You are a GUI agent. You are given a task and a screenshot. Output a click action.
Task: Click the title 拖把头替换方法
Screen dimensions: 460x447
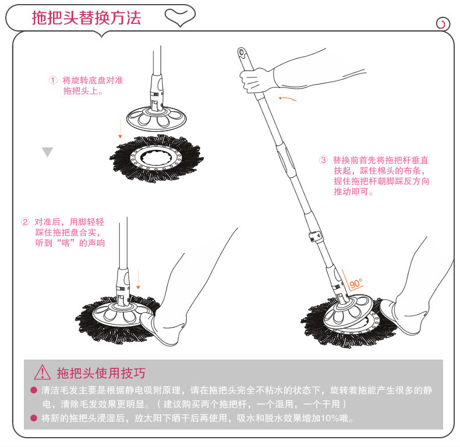(86, 17)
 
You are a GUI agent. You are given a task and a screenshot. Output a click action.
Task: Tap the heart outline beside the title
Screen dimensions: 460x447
(178, 17)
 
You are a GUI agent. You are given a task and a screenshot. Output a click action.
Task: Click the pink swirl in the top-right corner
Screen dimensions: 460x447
(443, 24)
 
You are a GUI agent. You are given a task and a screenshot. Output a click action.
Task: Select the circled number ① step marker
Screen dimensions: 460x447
(52, 80)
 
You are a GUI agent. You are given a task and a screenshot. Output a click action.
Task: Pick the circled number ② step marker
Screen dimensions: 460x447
(25, 222)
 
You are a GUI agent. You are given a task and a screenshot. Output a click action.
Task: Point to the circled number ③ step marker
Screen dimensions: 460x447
(323, 160)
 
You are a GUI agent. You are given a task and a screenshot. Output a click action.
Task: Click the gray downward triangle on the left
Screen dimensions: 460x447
(47, 152)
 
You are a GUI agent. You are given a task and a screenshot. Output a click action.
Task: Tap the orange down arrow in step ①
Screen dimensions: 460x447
(119, 128)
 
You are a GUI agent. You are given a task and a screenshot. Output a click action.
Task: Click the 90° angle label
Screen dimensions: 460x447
(356, 284)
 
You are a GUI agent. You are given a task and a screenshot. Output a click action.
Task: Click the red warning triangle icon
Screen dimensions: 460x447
(43, 372)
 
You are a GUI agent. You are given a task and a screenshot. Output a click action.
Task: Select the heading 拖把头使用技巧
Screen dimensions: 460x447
(101, 372)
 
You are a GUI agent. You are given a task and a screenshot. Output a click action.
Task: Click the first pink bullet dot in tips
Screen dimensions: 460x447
(33, 389)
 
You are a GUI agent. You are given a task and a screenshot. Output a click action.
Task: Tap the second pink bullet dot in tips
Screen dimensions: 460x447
(33, 418)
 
